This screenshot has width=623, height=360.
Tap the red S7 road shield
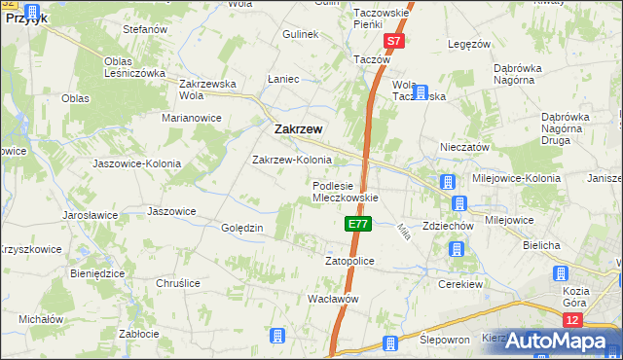click(x=393, y=42)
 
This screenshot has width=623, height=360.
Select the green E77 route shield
click(x=357, y=224)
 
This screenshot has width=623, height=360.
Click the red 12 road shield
click(x=573, y=319)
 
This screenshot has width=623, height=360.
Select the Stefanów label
click(x=145, y=30)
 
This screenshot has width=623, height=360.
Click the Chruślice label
click(x=178, y=283)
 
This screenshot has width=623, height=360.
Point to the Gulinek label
click(x=302, y=34)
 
